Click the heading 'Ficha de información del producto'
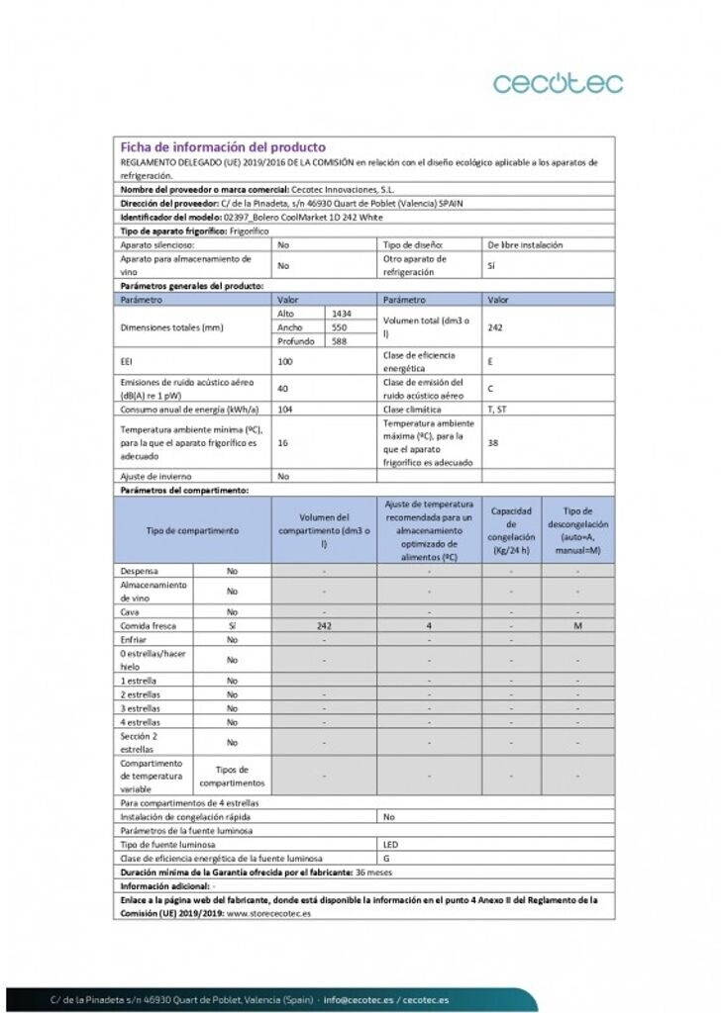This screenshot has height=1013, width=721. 223,147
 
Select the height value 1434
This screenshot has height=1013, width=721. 341,313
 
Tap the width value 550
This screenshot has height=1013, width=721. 339,326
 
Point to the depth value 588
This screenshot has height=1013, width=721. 339,340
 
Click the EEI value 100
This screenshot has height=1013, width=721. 285,362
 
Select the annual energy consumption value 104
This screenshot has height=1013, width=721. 285,409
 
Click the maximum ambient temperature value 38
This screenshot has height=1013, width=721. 493,442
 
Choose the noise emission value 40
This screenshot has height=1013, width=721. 283,389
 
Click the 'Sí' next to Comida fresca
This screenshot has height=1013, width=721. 232,626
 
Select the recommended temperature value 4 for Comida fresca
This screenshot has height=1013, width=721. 429,626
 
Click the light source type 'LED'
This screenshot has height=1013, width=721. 390,845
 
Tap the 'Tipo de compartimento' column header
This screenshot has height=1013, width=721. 193,530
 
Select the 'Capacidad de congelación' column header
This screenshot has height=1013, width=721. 511,530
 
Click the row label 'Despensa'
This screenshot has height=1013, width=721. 140,571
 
